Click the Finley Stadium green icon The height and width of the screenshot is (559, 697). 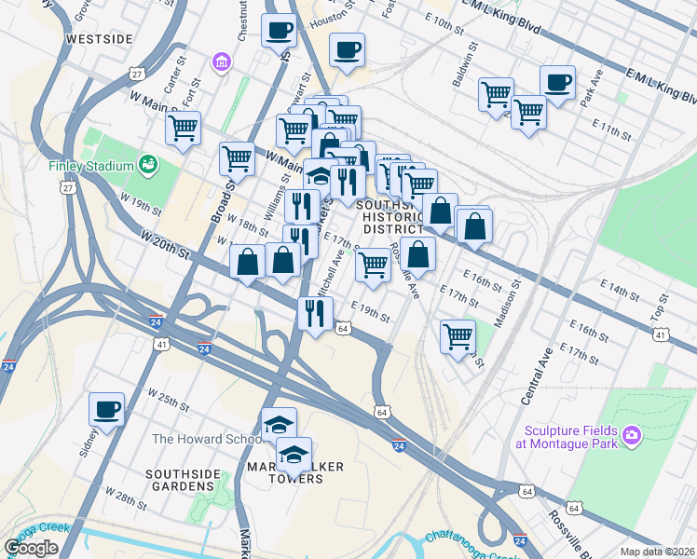pyautogui.click(x=146, y=166)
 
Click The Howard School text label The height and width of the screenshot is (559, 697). pyautogui.click(x=200, y=439)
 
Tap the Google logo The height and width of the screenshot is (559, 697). pyautogui.click(x=31, y=548)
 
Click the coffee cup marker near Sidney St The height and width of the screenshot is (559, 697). pyautogui.click(x=107, y=408)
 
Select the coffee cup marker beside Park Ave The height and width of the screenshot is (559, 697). pyautogui.click(x=557, y=82)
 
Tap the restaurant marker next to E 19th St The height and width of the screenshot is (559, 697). pyautogui.click(x=315, y=312)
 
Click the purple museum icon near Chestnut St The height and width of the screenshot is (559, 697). pyautogui.click(x=222, y=63)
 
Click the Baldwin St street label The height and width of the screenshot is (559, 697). pyautogui.click(x=466, y=64)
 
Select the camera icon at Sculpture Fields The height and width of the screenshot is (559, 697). pyautogui.click(x=632, y=435)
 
